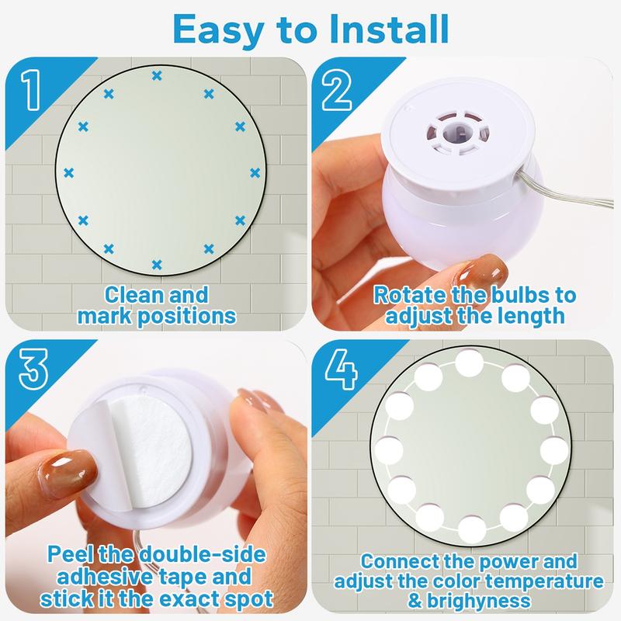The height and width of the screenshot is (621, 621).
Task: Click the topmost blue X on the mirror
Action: tap(158, 75)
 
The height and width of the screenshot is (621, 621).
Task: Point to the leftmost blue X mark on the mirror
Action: tap(68, 172)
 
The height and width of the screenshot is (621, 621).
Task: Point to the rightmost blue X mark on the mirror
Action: tap(254, 172)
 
